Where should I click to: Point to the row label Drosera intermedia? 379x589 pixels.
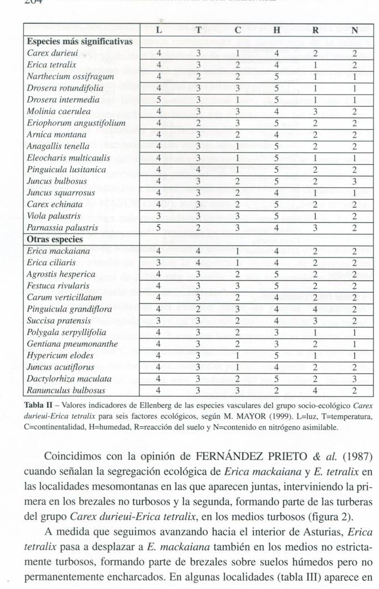click(x=63, y=100)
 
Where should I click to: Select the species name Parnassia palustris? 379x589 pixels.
click(x=63, y=228)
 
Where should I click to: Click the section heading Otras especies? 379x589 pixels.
click(x=55, y=239)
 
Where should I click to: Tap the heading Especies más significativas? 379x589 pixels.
click(x=80, y=42)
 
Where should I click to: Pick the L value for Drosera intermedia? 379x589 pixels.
click(x=159, y=100)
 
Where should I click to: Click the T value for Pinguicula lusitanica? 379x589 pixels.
click(x=198, y=170)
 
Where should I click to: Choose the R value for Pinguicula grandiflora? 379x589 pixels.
click(x=315, y=309)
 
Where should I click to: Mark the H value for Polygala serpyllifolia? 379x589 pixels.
click(x=275, y=332)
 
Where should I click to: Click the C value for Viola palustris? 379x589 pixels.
click(x=237, y=216)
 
